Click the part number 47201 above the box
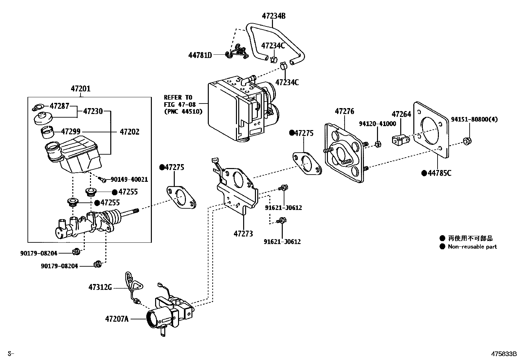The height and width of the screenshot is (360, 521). point(81,89)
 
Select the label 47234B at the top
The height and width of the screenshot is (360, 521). point(273,16)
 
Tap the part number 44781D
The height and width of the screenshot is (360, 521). point(200,55)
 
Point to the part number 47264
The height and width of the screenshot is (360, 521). point(401,114)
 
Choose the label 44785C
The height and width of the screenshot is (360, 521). point(440,173)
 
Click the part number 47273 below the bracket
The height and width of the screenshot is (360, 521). point(243,234)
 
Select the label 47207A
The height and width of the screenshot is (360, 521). point(117,318)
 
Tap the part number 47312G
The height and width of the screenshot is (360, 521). point(100,288)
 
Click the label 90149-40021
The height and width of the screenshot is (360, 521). point(129,180)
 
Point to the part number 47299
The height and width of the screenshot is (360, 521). point(71,132)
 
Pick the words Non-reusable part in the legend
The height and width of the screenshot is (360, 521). point(472,247)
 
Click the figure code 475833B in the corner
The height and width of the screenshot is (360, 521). point(503,354)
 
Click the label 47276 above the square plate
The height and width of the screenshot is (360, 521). point(344,111)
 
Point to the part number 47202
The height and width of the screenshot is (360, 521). point(129,132)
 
